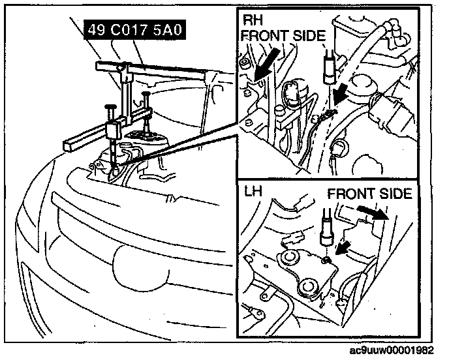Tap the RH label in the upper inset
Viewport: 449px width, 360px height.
252,20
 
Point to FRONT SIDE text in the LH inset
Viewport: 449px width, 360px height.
369,194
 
